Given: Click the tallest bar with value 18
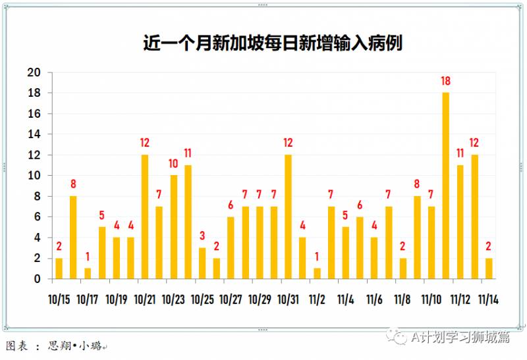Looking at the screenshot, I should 446,186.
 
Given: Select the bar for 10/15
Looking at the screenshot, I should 59,269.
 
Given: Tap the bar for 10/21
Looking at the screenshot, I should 145,217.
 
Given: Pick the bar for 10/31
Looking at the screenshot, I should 288,217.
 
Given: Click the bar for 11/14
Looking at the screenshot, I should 489,269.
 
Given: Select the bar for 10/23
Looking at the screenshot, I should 174,227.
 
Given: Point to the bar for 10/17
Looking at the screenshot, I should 88,274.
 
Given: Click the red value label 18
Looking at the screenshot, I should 446,82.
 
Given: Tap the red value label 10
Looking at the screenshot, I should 174,164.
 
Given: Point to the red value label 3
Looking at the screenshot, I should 202,236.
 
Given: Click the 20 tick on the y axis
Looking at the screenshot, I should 34,72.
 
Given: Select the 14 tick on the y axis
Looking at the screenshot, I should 34,134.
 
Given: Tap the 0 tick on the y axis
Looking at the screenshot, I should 37,279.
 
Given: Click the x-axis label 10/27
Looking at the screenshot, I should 231,300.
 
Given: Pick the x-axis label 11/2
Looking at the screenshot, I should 317,300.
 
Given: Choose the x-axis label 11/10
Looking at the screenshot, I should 431,300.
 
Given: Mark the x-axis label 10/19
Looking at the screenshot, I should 117,300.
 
